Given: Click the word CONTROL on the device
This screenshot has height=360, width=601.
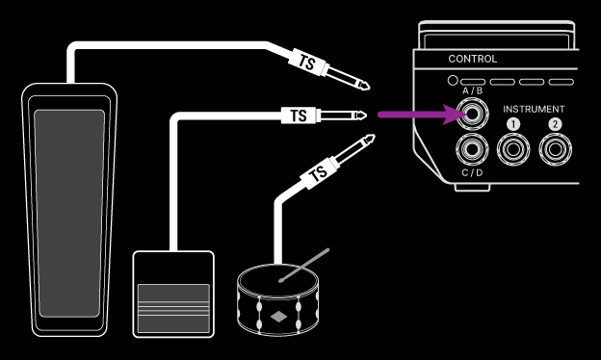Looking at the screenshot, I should click(x=473, y=59).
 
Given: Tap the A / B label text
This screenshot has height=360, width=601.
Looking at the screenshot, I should click(x=473, y=90).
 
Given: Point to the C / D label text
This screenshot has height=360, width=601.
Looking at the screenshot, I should click(x=473, y=173).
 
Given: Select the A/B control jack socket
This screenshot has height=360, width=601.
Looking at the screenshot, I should click(x=474, y=116).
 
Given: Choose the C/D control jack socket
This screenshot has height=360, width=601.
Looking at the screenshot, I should click(x=474, y=149).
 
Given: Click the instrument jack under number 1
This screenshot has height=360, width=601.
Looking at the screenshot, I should click(x=512, y=149).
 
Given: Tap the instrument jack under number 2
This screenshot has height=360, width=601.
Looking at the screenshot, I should click(x=554, y=149).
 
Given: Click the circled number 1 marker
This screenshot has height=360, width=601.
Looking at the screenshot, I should click(x=512, y=124).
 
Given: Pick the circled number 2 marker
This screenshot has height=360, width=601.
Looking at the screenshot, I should click(x=554, y=124).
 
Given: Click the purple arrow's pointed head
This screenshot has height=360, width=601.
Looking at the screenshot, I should click(x=457, y=116).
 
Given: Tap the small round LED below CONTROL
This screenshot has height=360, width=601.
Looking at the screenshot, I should click(x=453, y=81).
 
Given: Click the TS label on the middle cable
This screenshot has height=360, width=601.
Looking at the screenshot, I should click(x=298, y=116).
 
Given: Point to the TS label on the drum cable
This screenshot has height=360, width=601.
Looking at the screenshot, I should click(x=314, y=175).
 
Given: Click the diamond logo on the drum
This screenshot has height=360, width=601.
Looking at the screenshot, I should click(x=277, y=316).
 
